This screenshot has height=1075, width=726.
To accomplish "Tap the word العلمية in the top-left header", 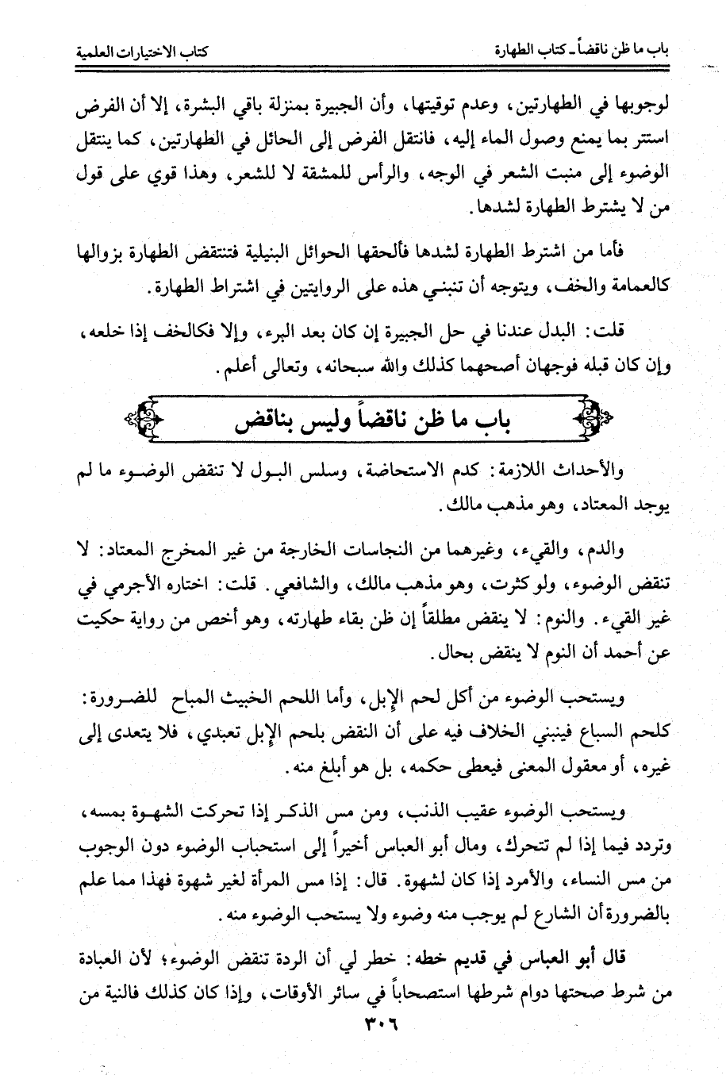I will (88, 54).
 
